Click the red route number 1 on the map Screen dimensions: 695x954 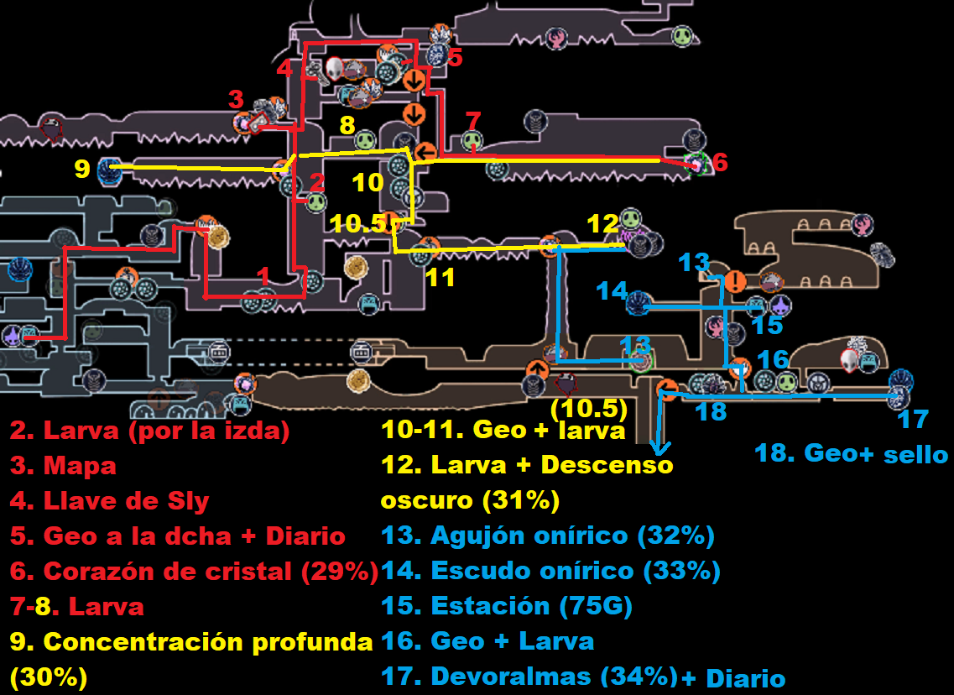pyautogui.click(x=263, y=275)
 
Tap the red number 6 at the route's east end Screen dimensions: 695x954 pyautogui.click(x=720, y=162)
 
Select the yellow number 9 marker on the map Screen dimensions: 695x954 pyautogui.click(x=81, y=169)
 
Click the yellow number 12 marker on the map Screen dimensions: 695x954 pyautogui.click(x=602, y=224)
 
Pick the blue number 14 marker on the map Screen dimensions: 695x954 pyautogui.click(x=612, y=291)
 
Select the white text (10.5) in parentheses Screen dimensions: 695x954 pyautogui.click(x=589, y=409)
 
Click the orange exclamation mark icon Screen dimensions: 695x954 pyautogui.click(x=735, y=280)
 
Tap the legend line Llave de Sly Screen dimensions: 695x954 pyautogui.click(x=109, y=502)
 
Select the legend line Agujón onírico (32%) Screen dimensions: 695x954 pyautogui.click(x=547, y=535)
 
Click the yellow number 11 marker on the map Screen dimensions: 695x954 pyautogui.click(x=440, y=276)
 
